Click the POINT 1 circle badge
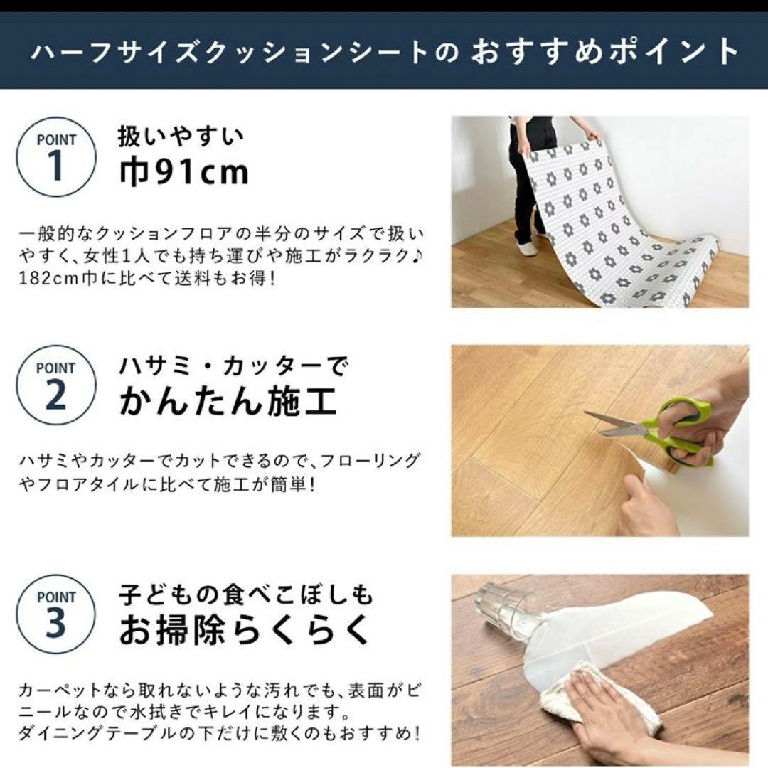(x=55, y=156)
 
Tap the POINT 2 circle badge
(x=55, y=385)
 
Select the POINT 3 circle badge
(x=55, y=614)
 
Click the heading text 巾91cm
(x=184, y=172)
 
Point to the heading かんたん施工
(x=228, y=401)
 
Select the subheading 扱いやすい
(x=181, y=135)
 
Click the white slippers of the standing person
(x=528, y=248)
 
